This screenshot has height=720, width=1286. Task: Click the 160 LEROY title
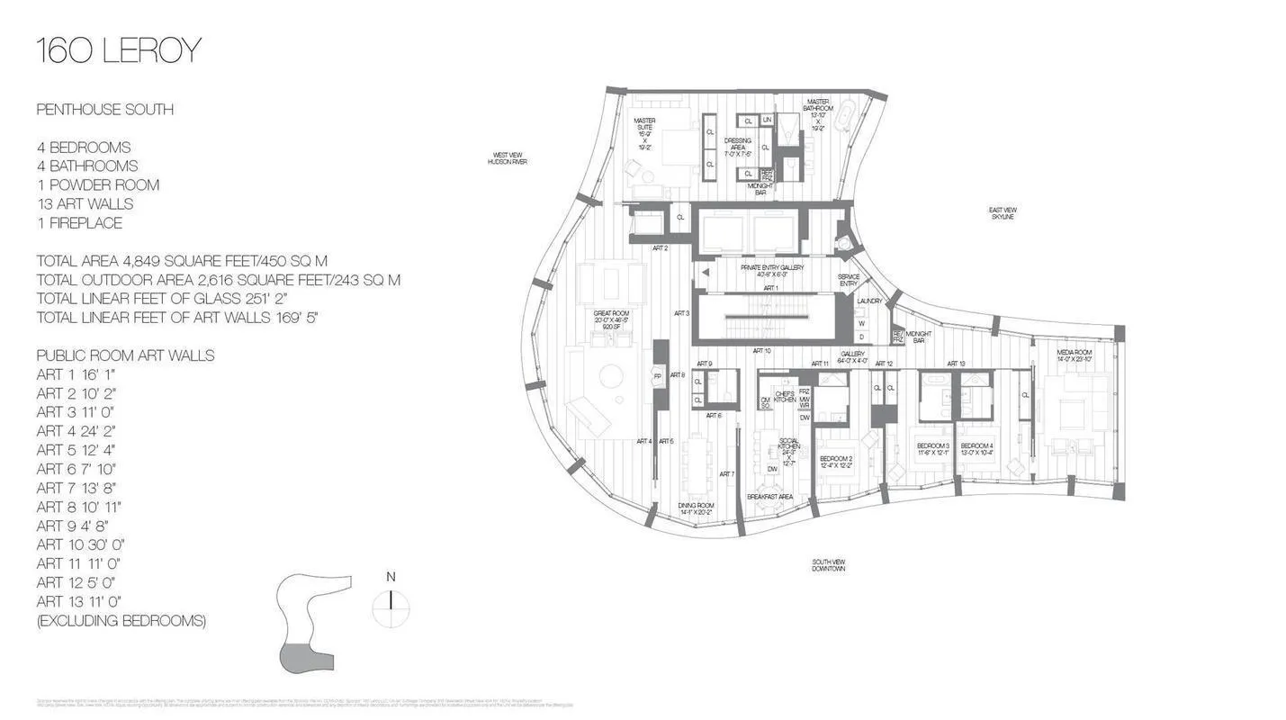coord(118,51)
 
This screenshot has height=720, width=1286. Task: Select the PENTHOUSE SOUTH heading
coord(104,110)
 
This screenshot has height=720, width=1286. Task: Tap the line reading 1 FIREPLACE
coord(79,223)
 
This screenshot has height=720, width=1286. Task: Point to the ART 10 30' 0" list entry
coord(80,544)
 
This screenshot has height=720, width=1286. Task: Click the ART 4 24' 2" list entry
coord(76,431)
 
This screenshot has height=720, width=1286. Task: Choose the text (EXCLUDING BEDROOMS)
coord(121,620)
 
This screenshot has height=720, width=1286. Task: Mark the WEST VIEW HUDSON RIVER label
coord(507,158)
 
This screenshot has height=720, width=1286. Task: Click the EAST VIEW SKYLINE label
coord(1003,213)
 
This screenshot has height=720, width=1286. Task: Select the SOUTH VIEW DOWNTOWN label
coord(828,565)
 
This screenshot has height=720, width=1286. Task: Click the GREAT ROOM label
coord(611,317)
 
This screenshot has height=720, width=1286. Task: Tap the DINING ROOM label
coord(696,509)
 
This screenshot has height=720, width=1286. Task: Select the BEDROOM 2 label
coord(835,462)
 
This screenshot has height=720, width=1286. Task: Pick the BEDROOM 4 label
coord(976,449)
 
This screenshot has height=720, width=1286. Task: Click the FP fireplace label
coord(658,376)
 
